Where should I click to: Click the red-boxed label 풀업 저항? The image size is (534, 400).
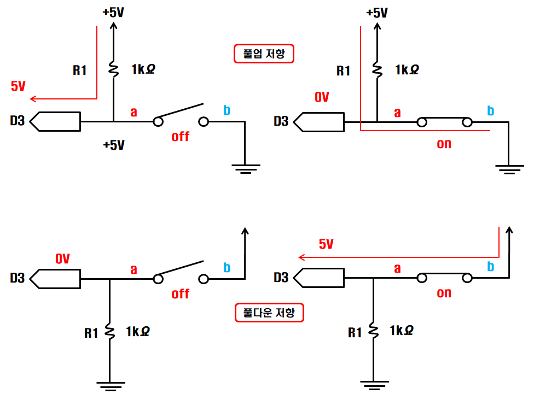(x=264, y=54)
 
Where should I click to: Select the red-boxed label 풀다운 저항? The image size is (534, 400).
(x=269, y=313)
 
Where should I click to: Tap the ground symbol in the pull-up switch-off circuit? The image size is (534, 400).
(x=246, y=169)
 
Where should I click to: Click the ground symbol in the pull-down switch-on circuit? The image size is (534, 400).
(x=374, y=385)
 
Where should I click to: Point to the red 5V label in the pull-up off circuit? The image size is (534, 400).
(x=18, y=86)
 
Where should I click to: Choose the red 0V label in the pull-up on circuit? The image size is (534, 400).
(x=322, y=97)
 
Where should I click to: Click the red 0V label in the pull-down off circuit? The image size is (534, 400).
(x=63, y=259)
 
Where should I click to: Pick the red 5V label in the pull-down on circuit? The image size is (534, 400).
(x=326, y=244)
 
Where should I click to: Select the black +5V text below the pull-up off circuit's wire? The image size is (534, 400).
(x=114, y=145)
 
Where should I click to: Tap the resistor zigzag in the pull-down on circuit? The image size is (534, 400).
(x=374, y=332)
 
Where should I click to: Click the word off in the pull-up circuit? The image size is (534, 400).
(x=180, y=137)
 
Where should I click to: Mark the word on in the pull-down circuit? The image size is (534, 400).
(x=444, y=293)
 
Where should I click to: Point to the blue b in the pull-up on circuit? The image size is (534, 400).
(x=490, y=110)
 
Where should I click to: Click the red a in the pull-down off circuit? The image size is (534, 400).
(x=134, y=270)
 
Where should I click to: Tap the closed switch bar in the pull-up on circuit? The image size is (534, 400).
(x=444, y=118)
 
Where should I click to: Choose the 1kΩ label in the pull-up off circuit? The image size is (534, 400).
(x=143, y=69)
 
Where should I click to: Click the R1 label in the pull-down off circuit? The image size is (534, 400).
(x=91, y=333)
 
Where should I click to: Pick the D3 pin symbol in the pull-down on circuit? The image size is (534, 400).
(x=319, y=278)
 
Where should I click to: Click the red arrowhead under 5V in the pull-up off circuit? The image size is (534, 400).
(x=33, y=99)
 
